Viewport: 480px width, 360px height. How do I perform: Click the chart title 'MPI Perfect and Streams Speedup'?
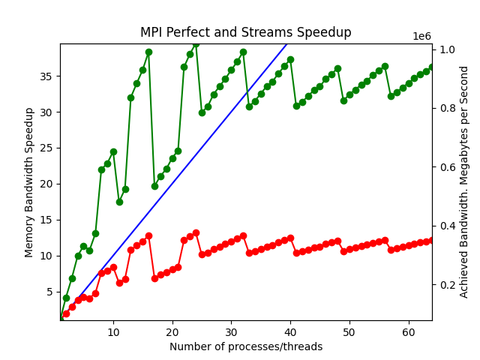245,33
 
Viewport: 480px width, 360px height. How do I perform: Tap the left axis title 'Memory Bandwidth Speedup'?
29,182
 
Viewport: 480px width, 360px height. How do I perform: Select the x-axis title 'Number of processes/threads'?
246,346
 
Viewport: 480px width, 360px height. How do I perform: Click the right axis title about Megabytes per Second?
464,182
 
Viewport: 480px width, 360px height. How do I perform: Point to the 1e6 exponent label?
421,37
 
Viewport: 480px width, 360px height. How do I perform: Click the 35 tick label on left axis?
46,76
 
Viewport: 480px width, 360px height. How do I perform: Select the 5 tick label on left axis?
49,292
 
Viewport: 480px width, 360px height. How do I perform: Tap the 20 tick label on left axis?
46,184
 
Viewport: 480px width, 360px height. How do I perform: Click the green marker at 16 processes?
148,52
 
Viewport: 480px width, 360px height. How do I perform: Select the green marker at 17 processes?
154,186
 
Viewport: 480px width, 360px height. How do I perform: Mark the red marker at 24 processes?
196,232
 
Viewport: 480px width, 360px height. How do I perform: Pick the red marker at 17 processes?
154,278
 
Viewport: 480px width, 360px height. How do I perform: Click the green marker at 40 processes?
290,59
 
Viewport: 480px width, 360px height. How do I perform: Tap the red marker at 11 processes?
119,283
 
